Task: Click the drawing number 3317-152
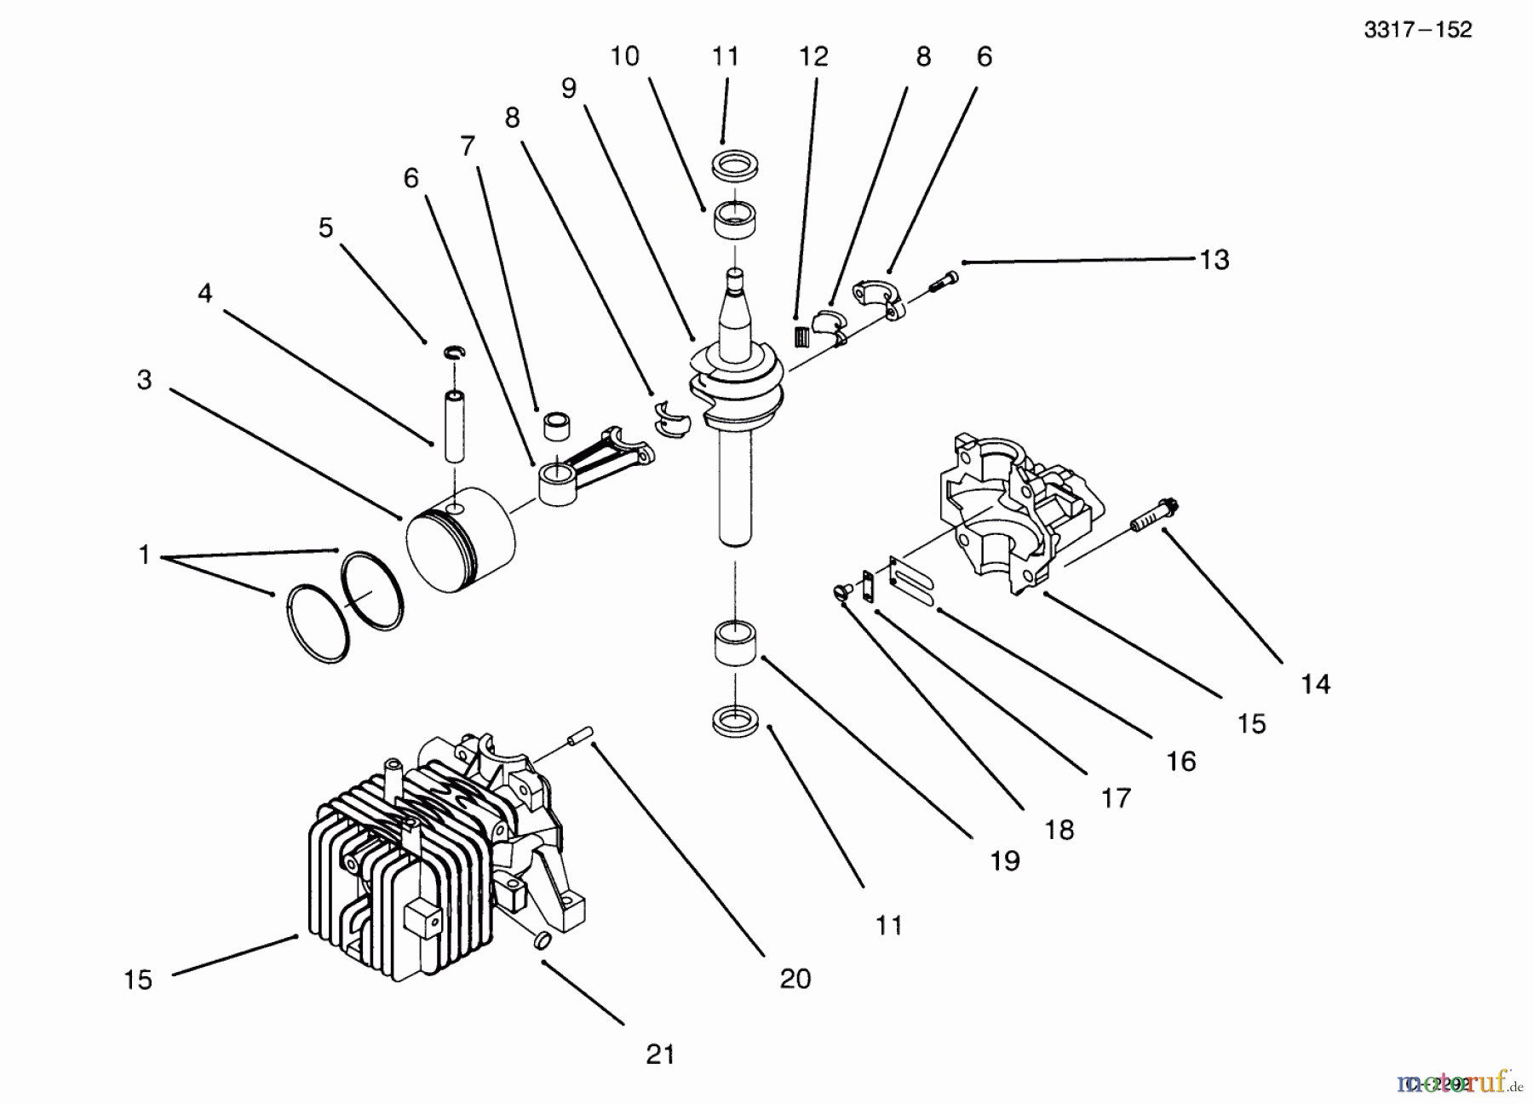click(1417, 30)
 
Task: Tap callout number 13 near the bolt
click(1214, 259)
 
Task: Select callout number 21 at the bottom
click(660, 1055)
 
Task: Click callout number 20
click(795, 979)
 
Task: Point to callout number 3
click(144, 380)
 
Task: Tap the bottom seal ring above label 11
click(735, 720)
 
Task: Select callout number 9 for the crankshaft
click(568, 88)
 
